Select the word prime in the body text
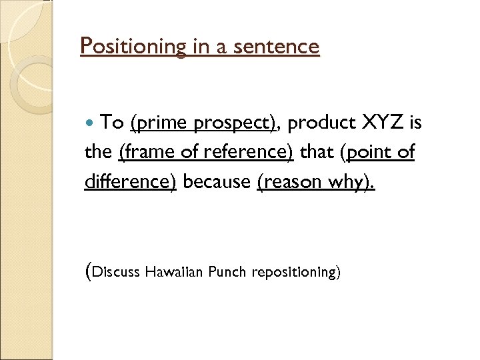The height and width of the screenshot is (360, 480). pos(157,123)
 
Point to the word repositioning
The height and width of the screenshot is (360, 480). pos(295,273)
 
